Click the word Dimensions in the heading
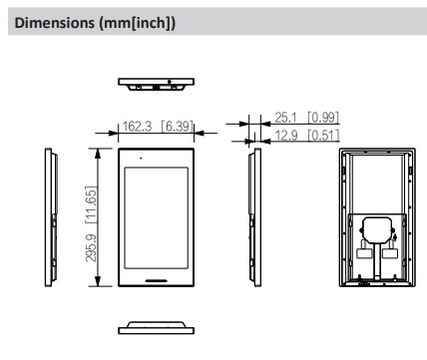click(x=55, y=23)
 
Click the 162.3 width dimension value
click(x=137, y=127)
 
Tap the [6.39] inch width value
click(x=178, y=127)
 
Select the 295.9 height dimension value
click(x=91, y=248)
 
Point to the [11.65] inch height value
click(x=91, y=204)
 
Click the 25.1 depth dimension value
click(x=285, y=118)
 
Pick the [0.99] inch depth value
click(x=323, y=118)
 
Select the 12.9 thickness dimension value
click(x=285, y=136)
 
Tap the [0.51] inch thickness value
click(x=323, y=136)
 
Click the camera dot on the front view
click(x=141, y=158)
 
